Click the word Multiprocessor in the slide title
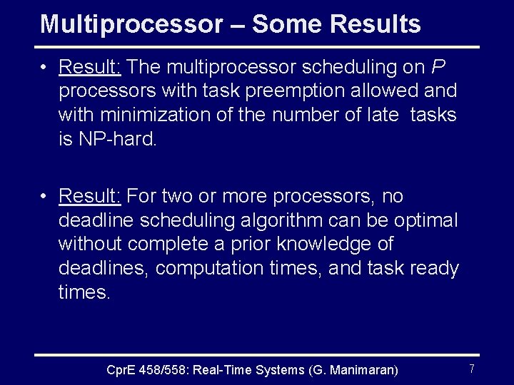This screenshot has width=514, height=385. tap(131, 24)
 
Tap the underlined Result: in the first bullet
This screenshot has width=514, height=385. tap(91, 67)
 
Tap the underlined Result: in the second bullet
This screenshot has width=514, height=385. tap(91, 195)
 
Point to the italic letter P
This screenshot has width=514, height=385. tap(439, 67)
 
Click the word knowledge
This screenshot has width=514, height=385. tap(334, 245)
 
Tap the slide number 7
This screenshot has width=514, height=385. tap(472, 369)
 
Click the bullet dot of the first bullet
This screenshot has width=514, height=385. tap(44, 68)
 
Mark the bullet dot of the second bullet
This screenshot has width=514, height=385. tap(44, 196)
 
